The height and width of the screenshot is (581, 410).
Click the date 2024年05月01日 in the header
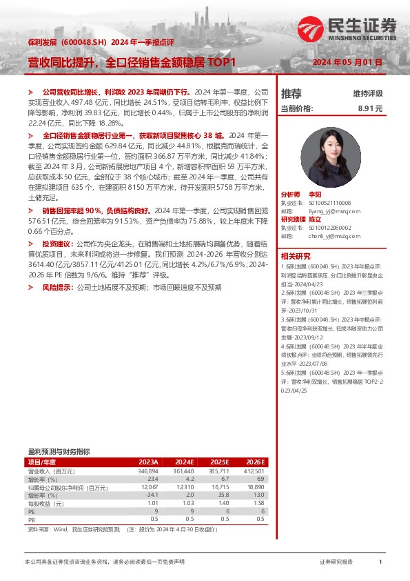[348, 62]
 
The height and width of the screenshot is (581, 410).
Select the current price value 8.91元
[369, 108]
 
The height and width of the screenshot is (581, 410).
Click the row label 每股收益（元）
[48, 503]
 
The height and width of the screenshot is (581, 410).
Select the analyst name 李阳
[315, 195]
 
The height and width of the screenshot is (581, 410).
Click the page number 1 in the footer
[380, 562]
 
